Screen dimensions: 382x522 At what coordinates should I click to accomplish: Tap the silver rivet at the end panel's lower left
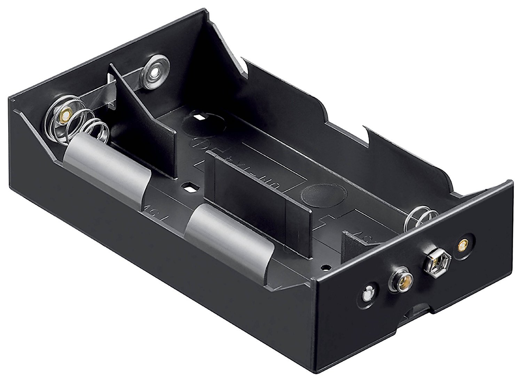(x=367, y=294)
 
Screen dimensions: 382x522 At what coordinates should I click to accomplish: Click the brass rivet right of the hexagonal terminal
(x=463, y=246)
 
